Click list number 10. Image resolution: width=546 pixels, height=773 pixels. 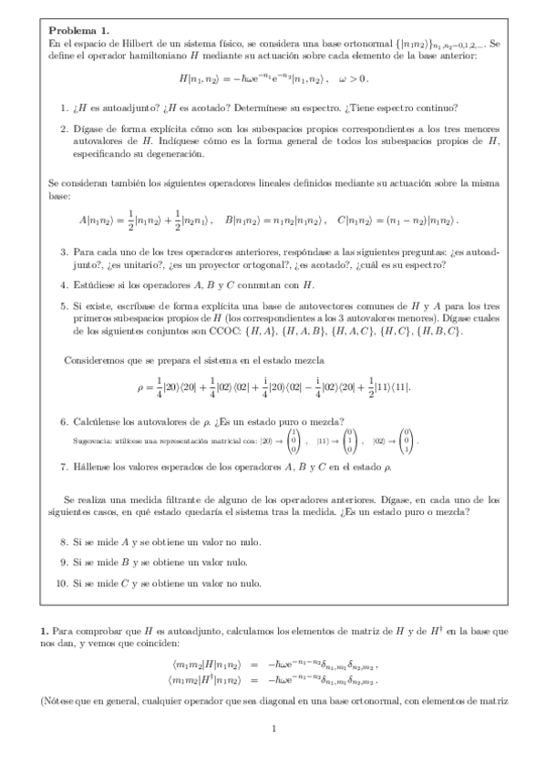click(x=62, y=582)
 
